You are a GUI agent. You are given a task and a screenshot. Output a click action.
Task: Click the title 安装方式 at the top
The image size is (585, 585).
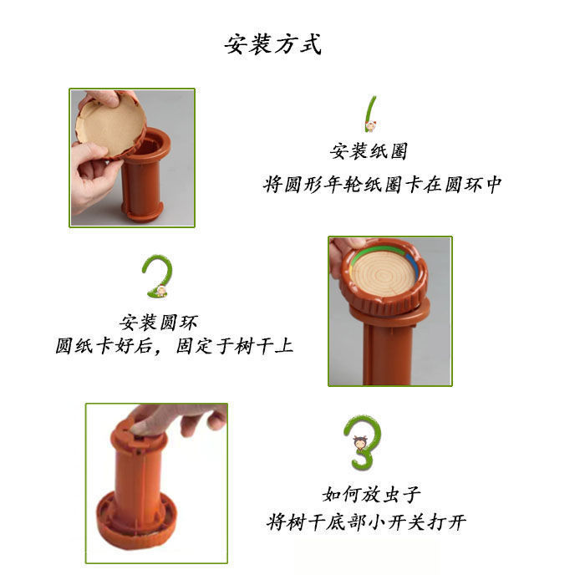272,45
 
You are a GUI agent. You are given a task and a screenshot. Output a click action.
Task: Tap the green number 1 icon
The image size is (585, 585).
370,114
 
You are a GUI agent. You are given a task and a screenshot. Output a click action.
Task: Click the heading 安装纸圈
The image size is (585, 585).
369,151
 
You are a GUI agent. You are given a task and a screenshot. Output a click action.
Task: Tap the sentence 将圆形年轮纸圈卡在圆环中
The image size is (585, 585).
382,185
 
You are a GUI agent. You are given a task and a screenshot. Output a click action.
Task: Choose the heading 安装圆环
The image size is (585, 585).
158,323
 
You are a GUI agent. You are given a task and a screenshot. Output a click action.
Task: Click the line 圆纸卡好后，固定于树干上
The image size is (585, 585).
174,346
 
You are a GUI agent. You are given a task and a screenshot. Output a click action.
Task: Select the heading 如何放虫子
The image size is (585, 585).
371,495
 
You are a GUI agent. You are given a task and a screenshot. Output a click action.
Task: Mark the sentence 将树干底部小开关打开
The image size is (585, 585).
366,521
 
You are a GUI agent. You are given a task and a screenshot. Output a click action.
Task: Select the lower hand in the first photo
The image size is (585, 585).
91,175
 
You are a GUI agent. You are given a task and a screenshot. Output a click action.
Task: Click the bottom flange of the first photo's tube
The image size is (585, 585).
143,211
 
